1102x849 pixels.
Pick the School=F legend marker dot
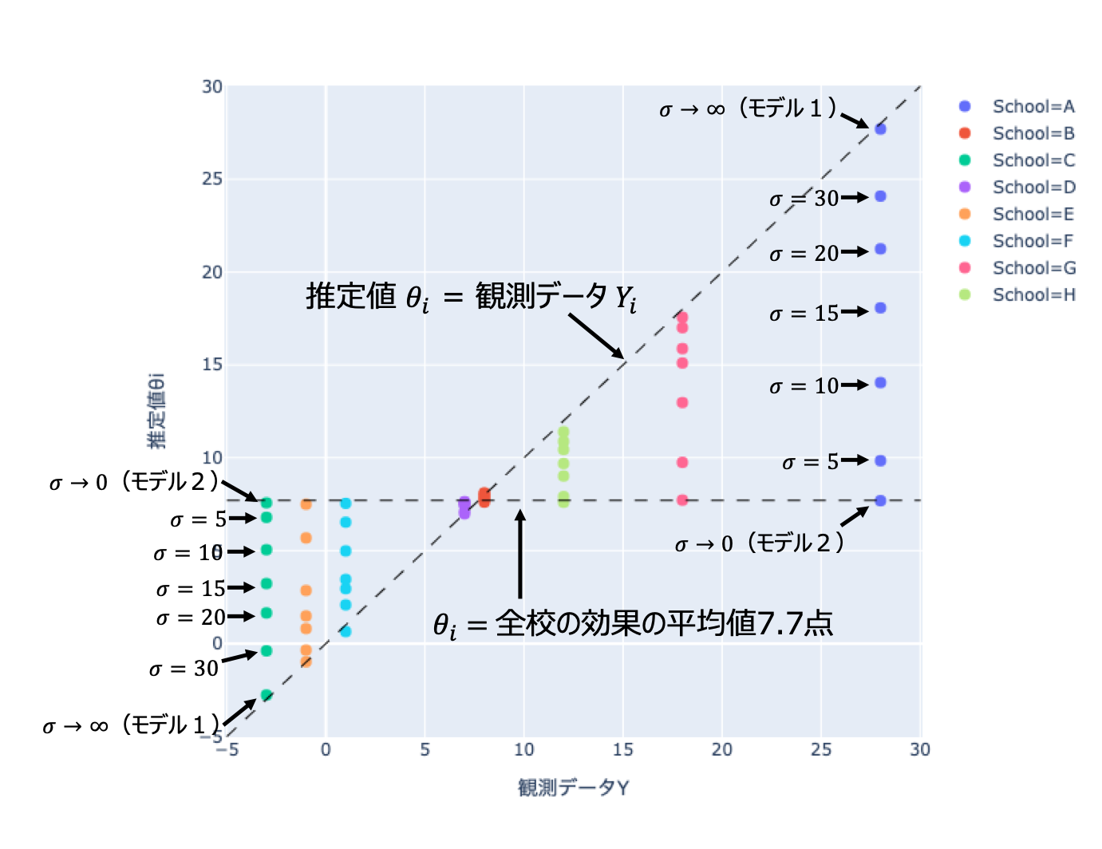click(965, 241)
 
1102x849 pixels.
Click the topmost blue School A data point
click(880, 128)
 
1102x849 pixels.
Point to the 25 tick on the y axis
click(212, 179)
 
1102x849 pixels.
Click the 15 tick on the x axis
click(622, 749)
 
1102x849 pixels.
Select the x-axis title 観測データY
click(573, 788)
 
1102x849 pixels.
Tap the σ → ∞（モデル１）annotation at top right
click(748, 109)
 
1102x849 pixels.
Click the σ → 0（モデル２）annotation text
click(760, 544)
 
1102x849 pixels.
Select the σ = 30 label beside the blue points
click(804, 199)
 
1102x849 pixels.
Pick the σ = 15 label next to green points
click(191, 589)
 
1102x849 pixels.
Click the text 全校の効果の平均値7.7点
click(664, 623)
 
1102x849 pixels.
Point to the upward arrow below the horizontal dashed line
click(520, 554)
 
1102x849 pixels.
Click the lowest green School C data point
click(267, 695)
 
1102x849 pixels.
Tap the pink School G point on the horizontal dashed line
click(682, 500)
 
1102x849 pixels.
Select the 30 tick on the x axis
click(919, 749)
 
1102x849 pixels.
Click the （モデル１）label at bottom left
click(171, 725)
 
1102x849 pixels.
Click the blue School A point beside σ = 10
click(880, 383)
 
